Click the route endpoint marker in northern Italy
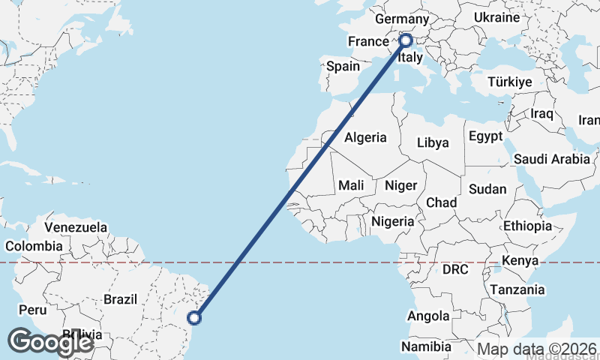406,40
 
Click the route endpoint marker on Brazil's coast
194,318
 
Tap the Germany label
401,19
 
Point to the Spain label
343,66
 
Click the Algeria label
365,137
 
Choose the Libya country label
433,142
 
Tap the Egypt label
485,136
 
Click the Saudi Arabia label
552,159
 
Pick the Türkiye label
509,82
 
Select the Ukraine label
497,17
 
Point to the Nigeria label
393,221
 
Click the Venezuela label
76,227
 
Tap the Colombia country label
34,246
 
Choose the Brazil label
120,299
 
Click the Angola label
428,316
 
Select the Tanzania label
517,289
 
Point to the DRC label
455,269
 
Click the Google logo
50,342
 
